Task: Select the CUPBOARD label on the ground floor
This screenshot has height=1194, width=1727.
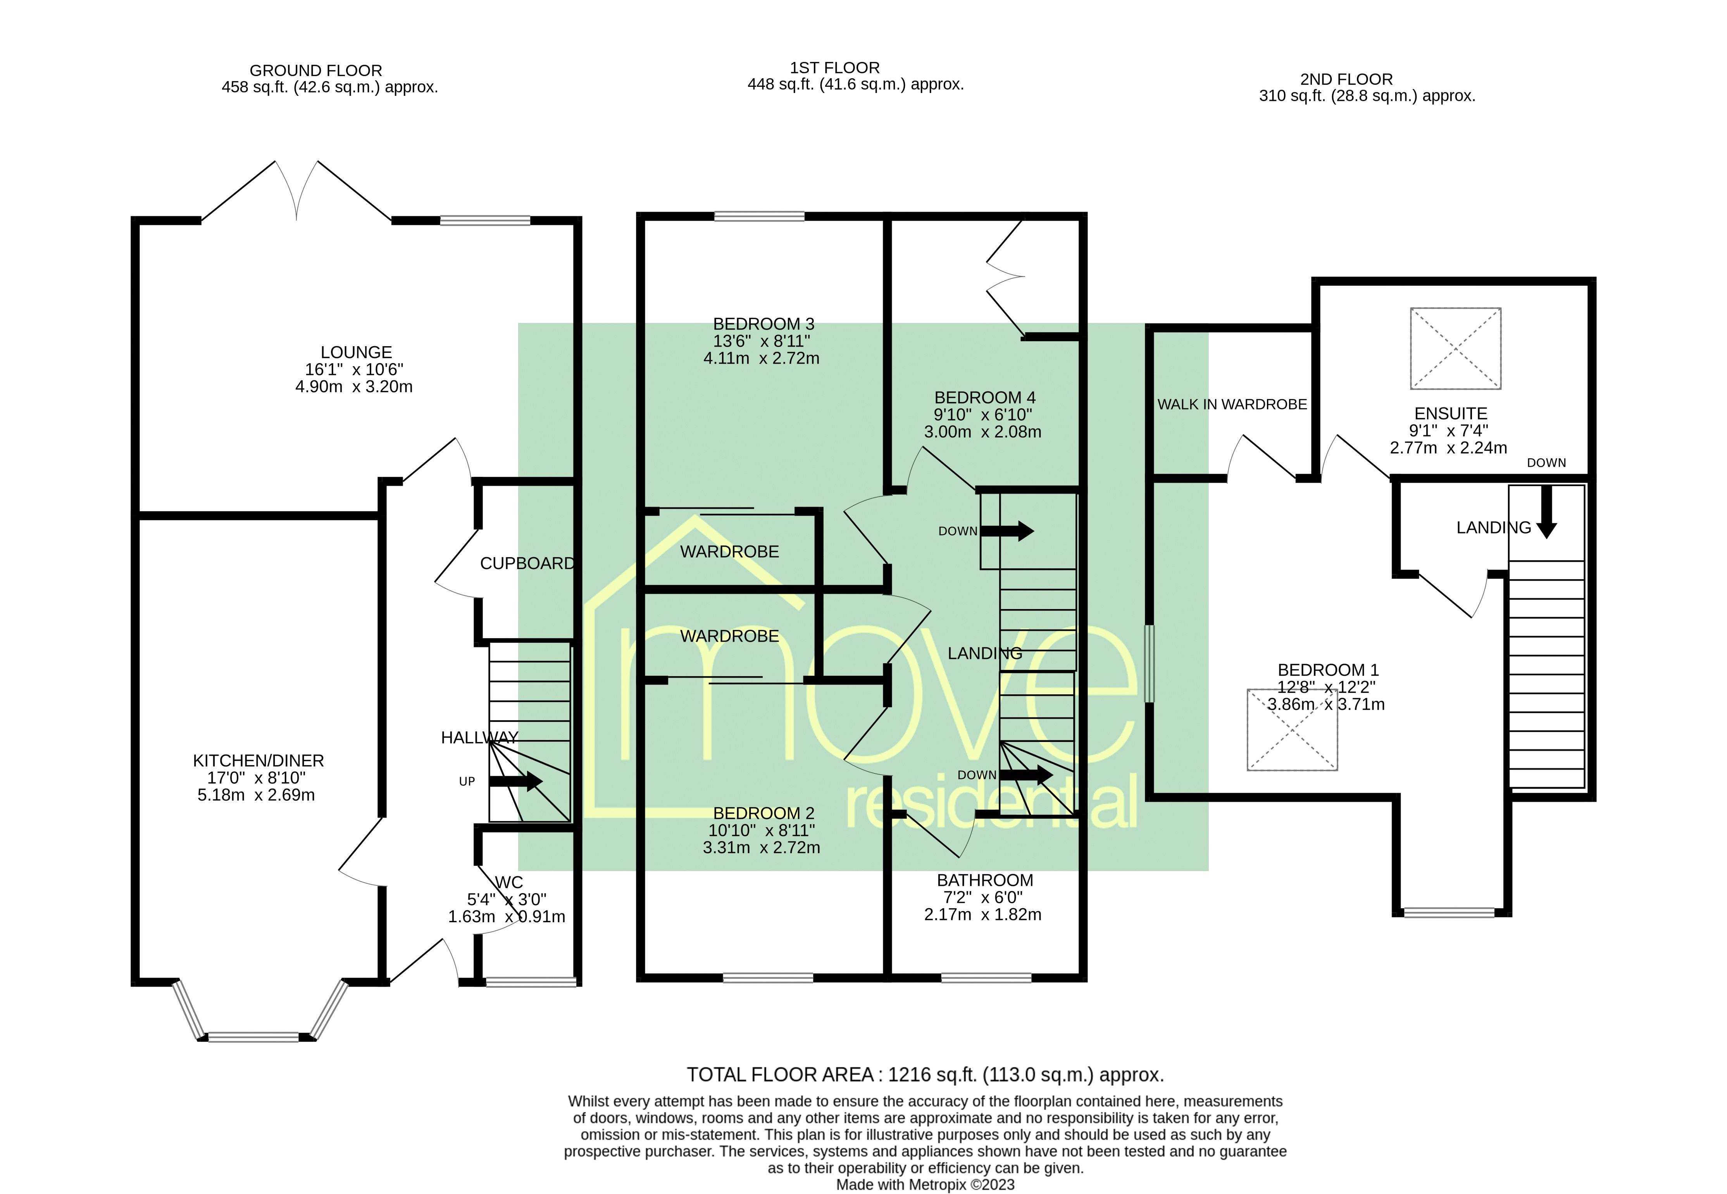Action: coord(527,563)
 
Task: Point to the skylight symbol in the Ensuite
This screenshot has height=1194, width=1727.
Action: coord(1455,349)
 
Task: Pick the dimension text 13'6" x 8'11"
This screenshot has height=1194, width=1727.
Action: coord(762,341)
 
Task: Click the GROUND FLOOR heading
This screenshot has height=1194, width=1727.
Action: coord(315,70)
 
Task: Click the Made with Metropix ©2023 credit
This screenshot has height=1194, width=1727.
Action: coord(925,1184)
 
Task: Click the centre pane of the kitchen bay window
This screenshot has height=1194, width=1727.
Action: coord(253,1037)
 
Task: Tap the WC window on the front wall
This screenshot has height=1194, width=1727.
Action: coord(530,982)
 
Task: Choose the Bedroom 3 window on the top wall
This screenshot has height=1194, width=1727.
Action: coord(759,217)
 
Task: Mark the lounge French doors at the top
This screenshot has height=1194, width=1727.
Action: coord(297,191)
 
